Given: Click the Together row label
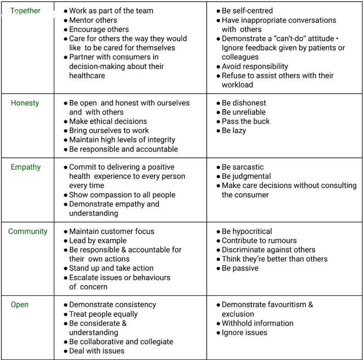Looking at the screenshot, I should (25, 11).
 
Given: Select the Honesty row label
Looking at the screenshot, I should (25, 103).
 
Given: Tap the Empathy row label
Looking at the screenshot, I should (26, 167).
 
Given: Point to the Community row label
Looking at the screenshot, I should (28, 232).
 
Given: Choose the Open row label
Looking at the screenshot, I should (20, 305).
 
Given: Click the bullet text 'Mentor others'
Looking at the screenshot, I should (93, 20).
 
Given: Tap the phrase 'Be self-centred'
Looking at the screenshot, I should (247, 11).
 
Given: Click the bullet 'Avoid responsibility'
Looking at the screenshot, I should (255, 66).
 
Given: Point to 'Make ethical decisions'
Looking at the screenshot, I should (108, 121).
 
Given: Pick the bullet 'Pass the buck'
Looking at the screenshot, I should (246, 121).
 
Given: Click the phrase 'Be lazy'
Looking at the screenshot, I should (234, 131).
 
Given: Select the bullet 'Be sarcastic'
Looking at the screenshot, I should (243, 167).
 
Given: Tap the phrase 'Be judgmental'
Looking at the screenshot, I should (246, 177).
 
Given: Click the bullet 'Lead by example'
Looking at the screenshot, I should (98, 241).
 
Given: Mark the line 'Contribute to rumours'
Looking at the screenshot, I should (259, 241).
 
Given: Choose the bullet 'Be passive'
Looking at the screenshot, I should (240, 269).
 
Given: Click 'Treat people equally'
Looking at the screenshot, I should (103, 314).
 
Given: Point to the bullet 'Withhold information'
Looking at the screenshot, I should (257, 324).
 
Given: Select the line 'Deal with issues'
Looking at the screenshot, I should (96, 351).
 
